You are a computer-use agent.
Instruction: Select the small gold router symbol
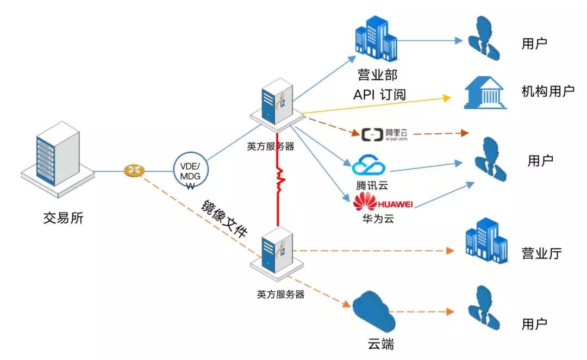click(133, 171)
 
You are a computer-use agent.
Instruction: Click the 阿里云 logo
click(384, 134)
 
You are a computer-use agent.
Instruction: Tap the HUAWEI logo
click(383, 204)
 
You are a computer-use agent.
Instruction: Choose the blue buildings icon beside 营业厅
click(485, 243)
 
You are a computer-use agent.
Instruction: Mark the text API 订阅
click(378, 95)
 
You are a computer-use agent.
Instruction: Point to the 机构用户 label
click(547, 91)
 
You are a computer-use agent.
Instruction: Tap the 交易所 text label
click(64, 218)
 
